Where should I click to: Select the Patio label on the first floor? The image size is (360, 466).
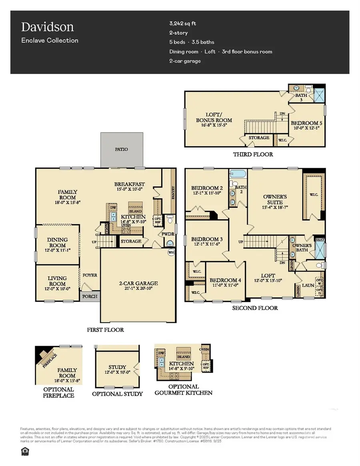click(x=121, y=149)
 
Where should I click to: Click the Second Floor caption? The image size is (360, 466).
click(x=255, y=308)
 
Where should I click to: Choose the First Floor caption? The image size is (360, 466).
click(x=106, y=330)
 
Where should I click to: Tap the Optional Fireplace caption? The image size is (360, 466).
click(x=59, y=392)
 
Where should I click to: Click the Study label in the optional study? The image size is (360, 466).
click(x=117, y=367)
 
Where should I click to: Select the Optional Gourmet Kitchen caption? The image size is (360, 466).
click(x=184, y=389)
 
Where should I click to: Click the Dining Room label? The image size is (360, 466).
click(x=58, y=240)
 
